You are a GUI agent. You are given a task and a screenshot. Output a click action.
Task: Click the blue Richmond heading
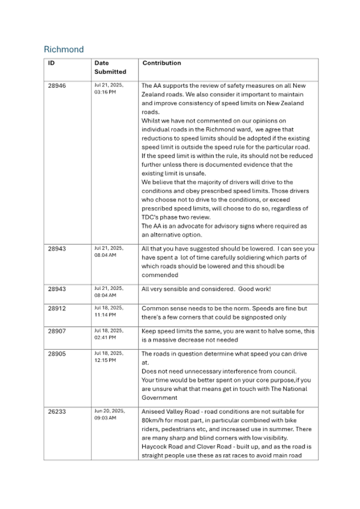pos(64,50)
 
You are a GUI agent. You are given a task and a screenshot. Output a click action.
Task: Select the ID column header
pos(51,63)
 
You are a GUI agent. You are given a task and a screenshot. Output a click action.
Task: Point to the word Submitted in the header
pos(110,72)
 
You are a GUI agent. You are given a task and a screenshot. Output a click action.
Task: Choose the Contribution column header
pos(162,63)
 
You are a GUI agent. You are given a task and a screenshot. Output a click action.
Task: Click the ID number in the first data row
pos(56,85)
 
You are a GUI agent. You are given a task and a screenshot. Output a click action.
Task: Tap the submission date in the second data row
pos(109,253)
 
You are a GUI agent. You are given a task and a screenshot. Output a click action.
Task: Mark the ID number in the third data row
pos(56,289)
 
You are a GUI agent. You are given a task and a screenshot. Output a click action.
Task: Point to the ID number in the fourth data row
pos(56,309)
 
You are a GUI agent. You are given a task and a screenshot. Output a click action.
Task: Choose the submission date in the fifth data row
pos(109,334)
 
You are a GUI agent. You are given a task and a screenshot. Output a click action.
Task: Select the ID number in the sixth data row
pos(56,354)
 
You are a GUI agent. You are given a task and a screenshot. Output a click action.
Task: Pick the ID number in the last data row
pos(56,412)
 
